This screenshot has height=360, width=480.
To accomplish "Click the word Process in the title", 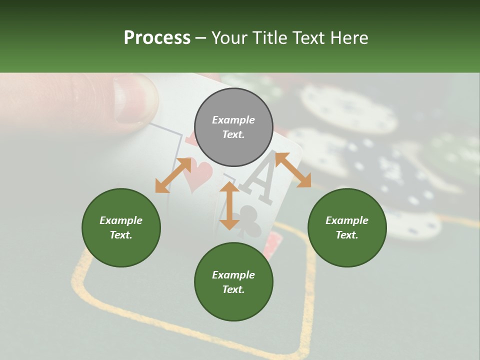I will (x=157, y=38).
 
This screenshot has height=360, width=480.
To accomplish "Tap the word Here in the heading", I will (x=348, y=38).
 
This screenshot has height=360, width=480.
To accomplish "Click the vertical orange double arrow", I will (x=229, y=205).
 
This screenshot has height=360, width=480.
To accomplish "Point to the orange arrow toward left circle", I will (x=173, y=175).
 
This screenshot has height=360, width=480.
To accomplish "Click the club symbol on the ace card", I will (x=248, y=220).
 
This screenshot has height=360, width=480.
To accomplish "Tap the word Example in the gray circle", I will (x=233, y=120).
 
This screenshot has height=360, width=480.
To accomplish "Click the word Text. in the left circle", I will (x=121, y=235).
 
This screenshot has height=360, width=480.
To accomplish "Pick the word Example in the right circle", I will (x=347, y=220).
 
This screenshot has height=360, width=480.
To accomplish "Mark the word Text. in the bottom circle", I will (x=233, y=289).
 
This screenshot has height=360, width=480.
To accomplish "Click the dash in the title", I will (x=200, y=38).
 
